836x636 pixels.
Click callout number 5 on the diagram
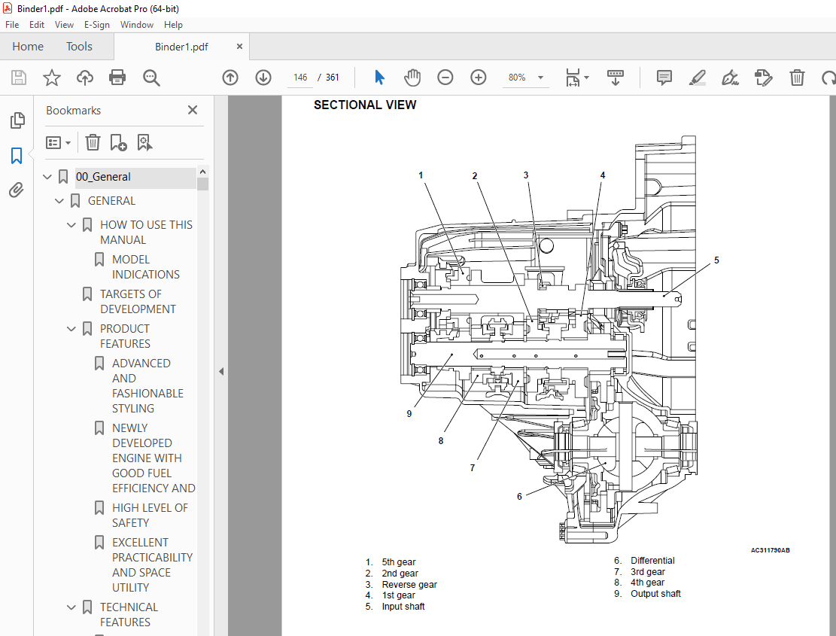(716, 260)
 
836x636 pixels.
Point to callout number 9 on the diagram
(409, 413)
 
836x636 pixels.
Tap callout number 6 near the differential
(519, 496)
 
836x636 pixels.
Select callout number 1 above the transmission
(421, 175)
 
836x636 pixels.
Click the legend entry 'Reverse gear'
(409, 585)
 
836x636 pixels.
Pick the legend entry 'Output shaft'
(655, 594)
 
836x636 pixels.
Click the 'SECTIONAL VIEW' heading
(365, 105)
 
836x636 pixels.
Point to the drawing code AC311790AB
(770, 550)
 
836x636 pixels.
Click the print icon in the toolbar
(117, 78)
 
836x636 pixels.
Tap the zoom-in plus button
(479, 78)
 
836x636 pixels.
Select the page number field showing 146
(300, 78)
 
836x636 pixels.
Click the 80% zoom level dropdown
(525, 78)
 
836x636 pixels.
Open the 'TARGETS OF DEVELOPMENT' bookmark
(138, 302)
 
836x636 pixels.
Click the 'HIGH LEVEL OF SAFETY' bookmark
(150, 516)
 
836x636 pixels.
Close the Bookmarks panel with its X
(193, 110)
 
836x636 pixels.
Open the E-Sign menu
(97, 25)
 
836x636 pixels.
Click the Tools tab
(79, 47)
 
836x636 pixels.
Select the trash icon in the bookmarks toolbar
(93, 142)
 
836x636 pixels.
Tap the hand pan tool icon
(412, 78)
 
